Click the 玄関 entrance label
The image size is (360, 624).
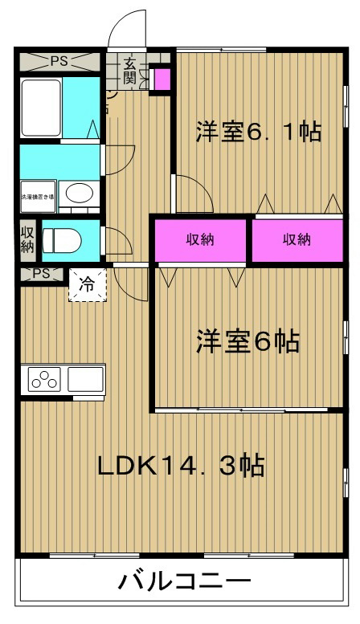coord(129,71)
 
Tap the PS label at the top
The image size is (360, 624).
coord(59,60)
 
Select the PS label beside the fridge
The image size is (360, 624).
coord(41,274)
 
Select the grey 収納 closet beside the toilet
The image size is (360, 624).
coord(27,239)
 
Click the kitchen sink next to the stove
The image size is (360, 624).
coord(86,379)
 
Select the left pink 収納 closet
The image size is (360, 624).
coord(201,239)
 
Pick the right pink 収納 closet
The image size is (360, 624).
coord(297,239)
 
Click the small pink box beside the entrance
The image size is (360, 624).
coord(161,79)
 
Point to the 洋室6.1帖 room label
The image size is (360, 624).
coord(258,132)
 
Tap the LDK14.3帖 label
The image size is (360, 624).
coord(182,466)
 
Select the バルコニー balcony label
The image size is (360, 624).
coord(186,581)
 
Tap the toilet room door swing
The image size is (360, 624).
coord(112,239)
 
